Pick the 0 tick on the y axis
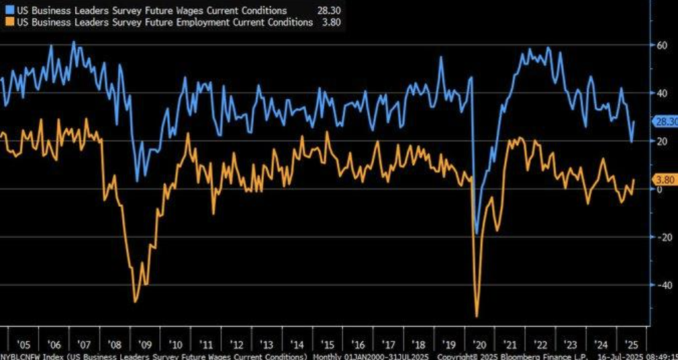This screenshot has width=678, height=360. (x=659, y=189)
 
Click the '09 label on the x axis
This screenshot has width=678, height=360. (x=144, y=345)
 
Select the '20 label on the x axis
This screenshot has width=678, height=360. (x=477, y=345)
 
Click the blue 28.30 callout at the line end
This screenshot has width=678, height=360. (x=664, y=122)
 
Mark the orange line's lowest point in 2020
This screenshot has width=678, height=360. (x=477, y=316)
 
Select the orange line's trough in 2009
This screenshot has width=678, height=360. (x=136, y=302)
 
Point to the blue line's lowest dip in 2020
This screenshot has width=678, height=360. (x=476, y=234)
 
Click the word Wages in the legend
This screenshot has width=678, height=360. (x=172, y=11)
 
